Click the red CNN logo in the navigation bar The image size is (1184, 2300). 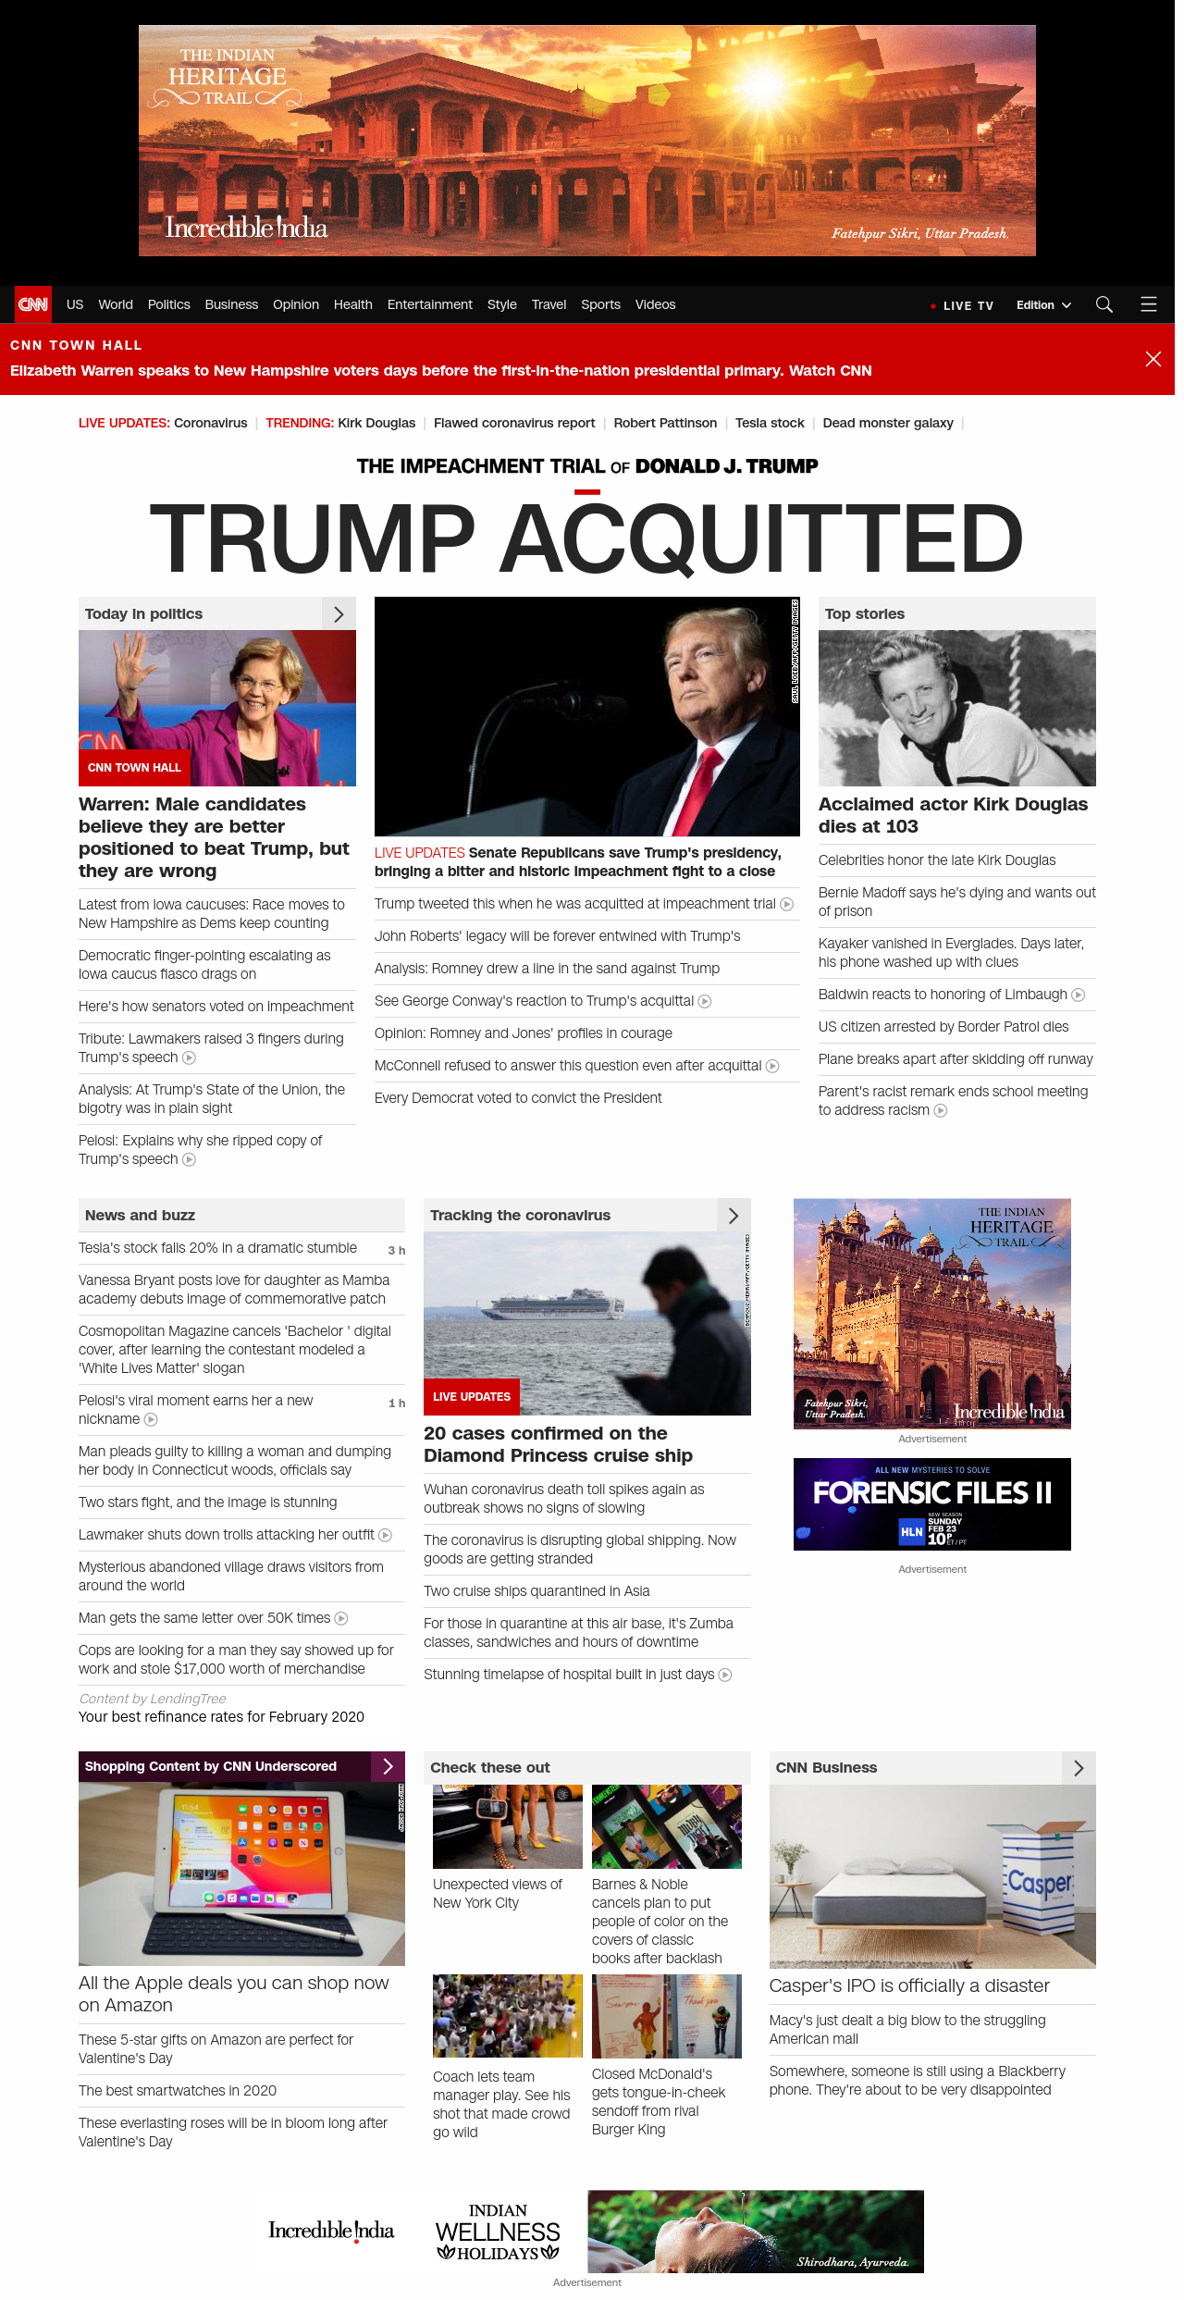tap(33, 304)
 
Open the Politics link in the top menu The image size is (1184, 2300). tap(168, 304)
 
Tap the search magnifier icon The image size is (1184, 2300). tap(1104, 304)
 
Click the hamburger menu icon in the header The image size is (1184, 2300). tap(1149, 304)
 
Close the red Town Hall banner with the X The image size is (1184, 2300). tap(1153, 359)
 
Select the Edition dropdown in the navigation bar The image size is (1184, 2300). tap(1042, 305)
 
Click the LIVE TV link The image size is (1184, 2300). tap(967, 305)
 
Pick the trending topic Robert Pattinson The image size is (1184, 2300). tap(665, 423)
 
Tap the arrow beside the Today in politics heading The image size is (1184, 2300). tap(339, 614)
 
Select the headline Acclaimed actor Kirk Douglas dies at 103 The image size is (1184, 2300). tap(953, 815)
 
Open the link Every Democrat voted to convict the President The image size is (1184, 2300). tap(518, 1098)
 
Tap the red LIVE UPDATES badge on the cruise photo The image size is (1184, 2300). tap(472, 1397)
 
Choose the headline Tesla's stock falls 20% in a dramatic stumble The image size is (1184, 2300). tap(217, 1248)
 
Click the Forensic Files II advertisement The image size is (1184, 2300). tap(931, 1504)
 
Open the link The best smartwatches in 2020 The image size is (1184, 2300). tap(178, 2091)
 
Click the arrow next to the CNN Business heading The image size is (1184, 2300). tap(1079, 1768)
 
